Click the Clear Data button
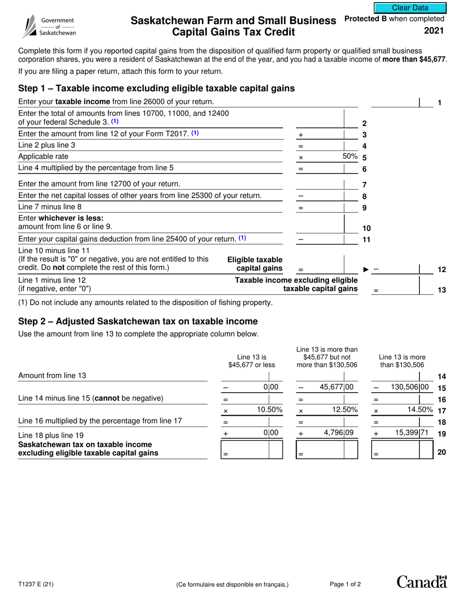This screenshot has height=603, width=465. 410,8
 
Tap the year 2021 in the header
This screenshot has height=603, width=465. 435,31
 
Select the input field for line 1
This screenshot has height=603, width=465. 395,102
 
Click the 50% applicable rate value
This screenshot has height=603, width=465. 350,156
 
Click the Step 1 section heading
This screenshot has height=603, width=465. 156,88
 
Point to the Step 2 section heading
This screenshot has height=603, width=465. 138,322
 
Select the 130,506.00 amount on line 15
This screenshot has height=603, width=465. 409,387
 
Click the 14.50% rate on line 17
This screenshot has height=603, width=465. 420,409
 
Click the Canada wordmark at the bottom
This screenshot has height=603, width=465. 421,582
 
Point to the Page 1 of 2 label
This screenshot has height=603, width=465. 346,584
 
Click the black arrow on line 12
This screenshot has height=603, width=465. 366,269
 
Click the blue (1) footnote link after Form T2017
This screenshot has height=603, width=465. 195,133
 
